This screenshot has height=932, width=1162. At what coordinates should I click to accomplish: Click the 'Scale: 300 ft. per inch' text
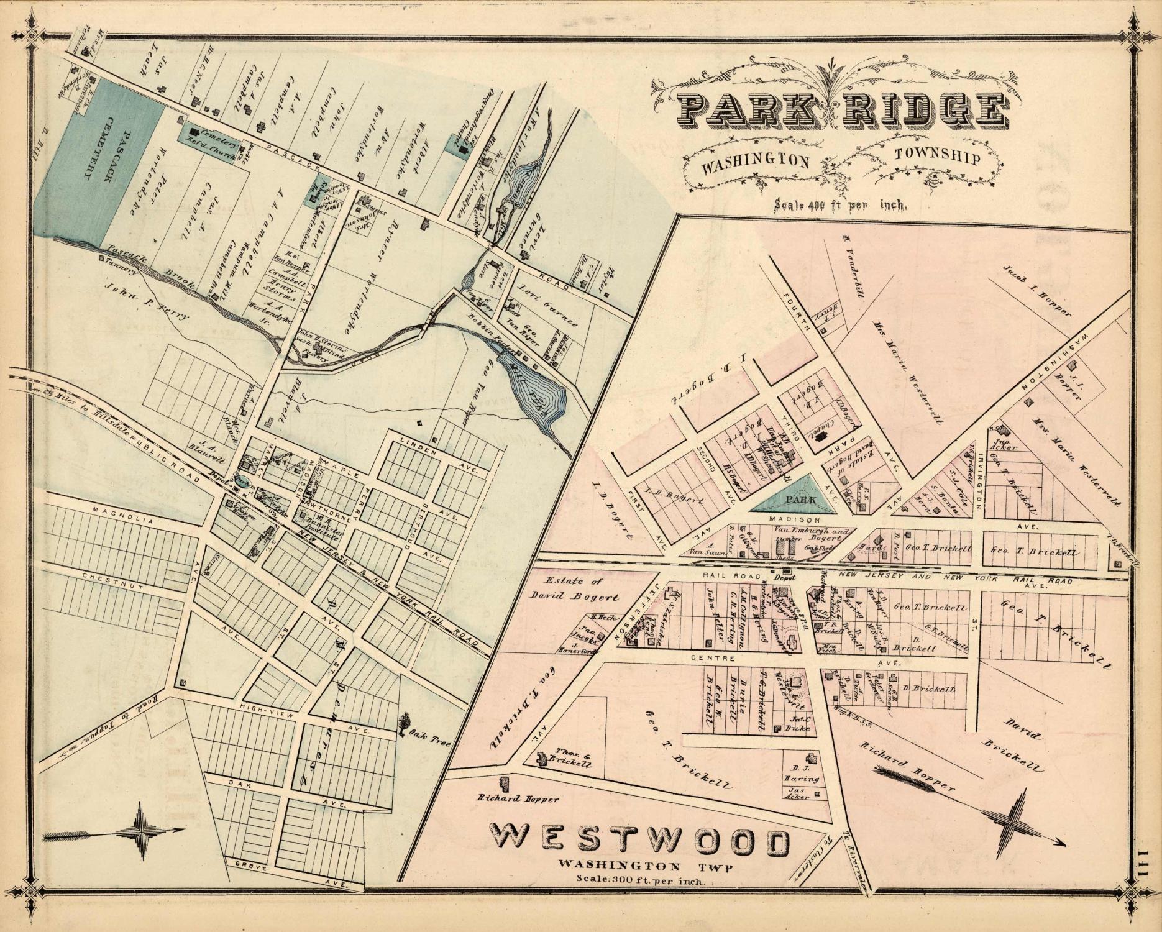point(639,879)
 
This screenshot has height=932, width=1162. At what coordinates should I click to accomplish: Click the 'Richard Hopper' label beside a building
point(518,800)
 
